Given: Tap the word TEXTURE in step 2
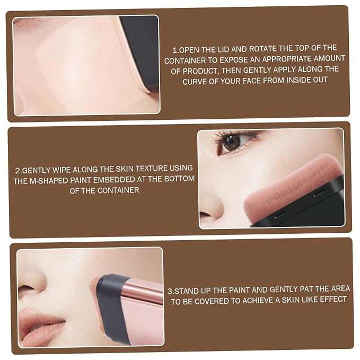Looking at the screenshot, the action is pos(151,169).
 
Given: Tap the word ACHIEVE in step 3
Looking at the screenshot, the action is pos(258,301).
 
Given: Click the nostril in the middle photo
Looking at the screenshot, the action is pos(206,215).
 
